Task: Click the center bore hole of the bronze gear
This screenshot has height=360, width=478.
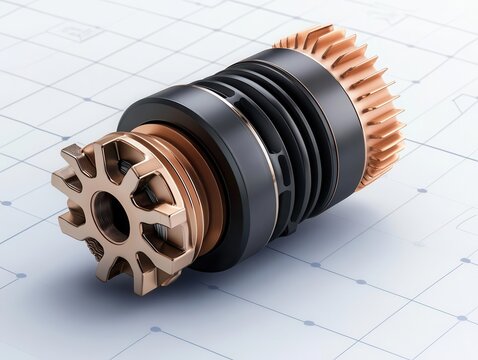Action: (111, 214)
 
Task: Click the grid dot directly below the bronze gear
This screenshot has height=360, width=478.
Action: (154, 329)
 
